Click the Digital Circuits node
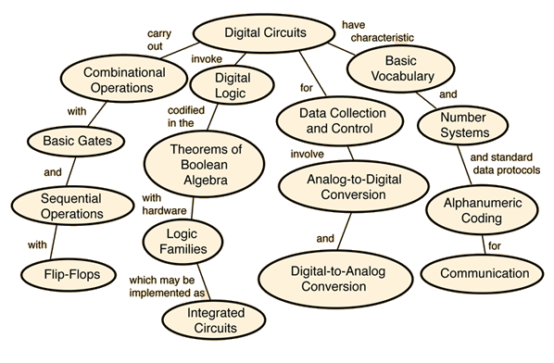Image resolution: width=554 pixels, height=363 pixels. tap(264, 33)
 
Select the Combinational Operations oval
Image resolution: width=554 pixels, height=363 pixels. tap(123, 79)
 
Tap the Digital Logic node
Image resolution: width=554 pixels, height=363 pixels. tap(232, 85)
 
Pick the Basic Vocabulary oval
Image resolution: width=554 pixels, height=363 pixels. tap(401, 69)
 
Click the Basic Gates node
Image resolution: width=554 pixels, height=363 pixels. tap(76, 141)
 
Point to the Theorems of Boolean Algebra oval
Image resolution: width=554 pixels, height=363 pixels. tap(204, 165)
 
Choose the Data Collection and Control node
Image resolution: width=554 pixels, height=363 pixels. tap(340, 120)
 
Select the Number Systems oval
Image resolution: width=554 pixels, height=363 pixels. tap(463, 125)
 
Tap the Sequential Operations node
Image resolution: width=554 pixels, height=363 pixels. tap(72, 206)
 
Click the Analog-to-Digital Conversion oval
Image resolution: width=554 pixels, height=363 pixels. tap(354, 186)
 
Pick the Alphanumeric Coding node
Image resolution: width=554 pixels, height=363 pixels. tap(483, 210)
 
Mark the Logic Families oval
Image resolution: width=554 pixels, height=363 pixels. tap(183, 242)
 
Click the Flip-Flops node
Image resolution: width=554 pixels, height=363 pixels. tap(69, 275)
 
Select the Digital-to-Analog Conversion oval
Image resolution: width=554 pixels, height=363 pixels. tap(335, 279)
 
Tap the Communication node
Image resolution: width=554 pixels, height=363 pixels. tap(483, 274)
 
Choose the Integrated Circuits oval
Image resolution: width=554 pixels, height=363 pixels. tap(214, 320)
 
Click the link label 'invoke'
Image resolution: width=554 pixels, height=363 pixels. tap(207, 59)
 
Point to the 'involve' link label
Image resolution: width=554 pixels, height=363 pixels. tap(307, 154)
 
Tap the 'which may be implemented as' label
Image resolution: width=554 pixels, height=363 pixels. tap(167, 286)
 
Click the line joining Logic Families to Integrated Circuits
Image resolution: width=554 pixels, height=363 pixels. tap(204, 282)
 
